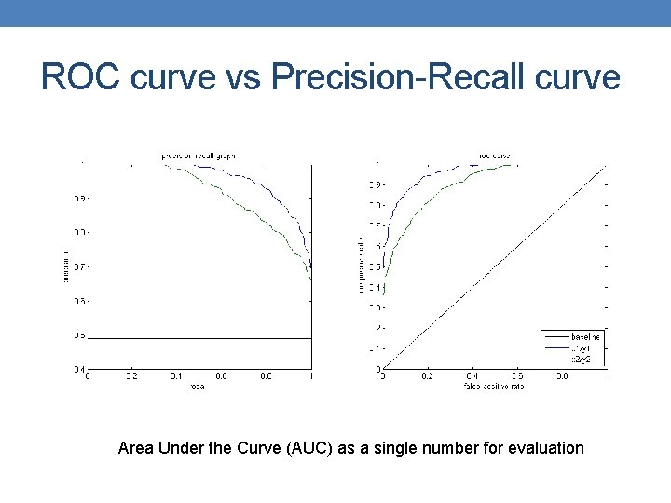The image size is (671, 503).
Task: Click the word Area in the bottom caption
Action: [x=136, y=448]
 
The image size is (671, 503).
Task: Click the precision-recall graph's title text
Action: [x=199, y=156]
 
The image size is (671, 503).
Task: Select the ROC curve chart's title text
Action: [x=495, y=156]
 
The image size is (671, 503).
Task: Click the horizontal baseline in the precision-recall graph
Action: [x=186, y=337]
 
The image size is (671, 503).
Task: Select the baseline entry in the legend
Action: [x=585, y=335]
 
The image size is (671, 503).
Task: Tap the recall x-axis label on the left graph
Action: [x=199, y=386]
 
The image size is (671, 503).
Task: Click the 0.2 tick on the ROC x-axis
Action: [x=427, y=376]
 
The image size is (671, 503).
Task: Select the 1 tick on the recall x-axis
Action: [x=310, y=376]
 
